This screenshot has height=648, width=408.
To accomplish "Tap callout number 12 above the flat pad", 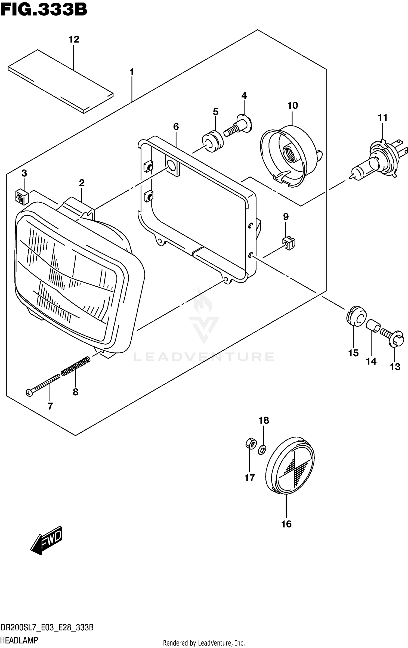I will [x=74, y=39].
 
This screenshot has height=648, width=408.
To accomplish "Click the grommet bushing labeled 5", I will [x=213, y=141].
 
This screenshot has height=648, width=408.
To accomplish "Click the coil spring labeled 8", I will [x=76, y=367].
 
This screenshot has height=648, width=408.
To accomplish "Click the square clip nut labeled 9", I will [x=289, y=243].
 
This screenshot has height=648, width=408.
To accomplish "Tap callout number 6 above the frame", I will [x=176, y=127].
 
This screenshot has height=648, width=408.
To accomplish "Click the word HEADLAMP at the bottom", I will [x=19, y=640].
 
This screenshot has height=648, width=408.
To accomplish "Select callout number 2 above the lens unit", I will [x=82, y=183].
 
